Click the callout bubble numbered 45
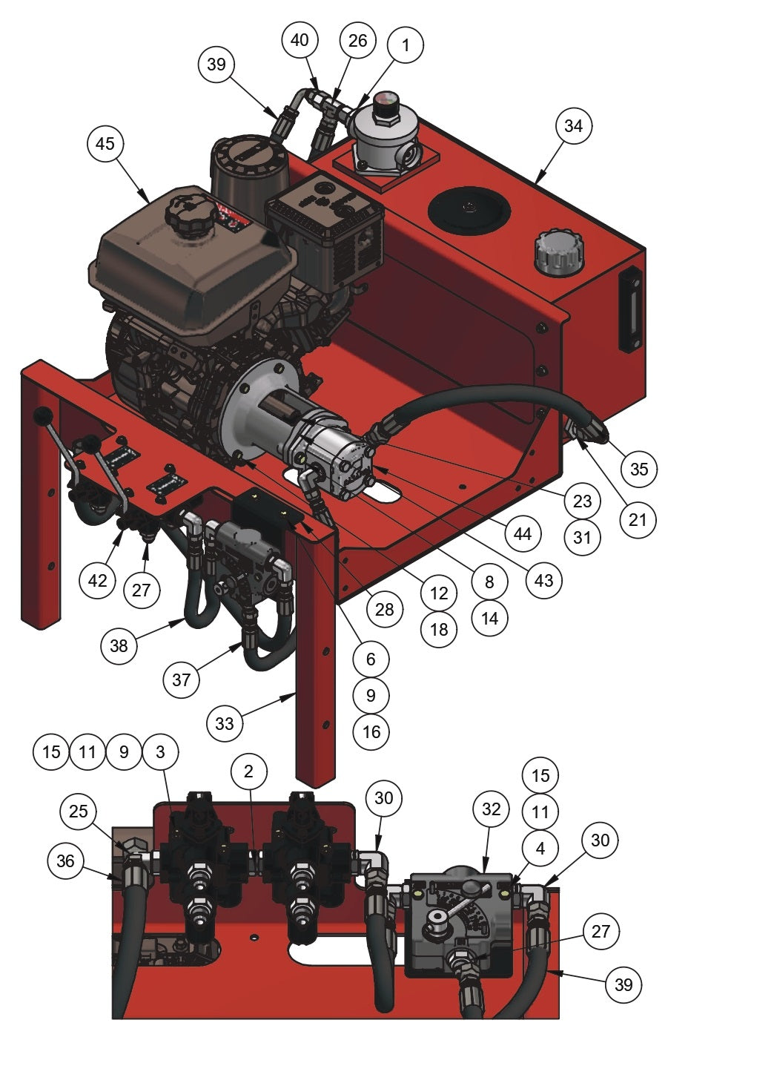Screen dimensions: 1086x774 pyautogui.click(x=105, y=143)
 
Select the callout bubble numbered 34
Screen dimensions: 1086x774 pyautogui.click(x=573, y=126)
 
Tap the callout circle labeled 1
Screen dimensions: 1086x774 pyautogui.click(x=405, y=45)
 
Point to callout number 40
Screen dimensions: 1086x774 pyautogui.click(x=300, y=39)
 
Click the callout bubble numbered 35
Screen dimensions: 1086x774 pyautogui.click(x=638, y=469)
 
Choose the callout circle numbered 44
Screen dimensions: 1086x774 pyautogui.click(x=523, y=533)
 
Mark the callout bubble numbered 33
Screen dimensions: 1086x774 pyautogui.click(x=224, y=723)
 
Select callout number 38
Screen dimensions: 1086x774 pyautogui.click(x=119, y=645)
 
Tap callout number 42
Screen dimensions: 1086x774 pyautogui.click(x=98, y=581)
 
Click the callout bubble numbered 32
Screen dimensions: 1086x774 pyautogui.click(x=492, y=809)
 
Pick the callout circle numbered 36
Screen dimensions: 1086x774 pyautogui.click(x=65, y=860)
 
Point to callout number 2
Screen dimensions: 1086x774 pyautogui.click(x=248, y=771)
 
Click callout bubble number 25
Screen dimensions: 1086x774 pyautogui.click(x=79, y=811)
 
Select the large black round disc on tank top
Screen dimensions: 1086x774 pyautogui.click(x=469, y=208)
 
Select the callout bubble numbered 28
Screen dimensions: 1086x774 pyautogui.click(x=384, y=610)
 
